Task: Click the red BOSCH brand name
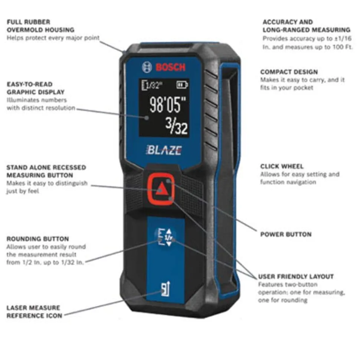pyautogui.click(x=171, y=67)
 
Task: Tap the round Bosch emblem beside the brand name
pyautogui.click(x=147, y=67)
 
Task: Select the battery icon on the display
pyautogui.click(x=182, y=85)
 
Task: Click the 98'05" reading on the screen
pyautogui.click(x=168, y=105)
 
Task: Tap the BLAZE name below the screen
pyautogui.click(x=164, y=150)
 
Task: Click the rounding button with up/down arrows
pyautogui.click(x=166, y=237)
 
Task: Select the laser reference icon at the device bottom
pyautogui.click(x=166, y=288)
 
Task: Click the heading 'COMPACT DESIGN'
pyautogui.click(x=289, y=72)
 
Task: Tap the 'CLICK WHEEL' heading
pyautogui.click(x=282, y=166)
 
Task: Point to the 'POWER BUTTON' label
pyautogui.click(x=286, y=234)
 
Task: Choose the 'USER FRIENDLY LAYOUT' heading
pyautogui.click(x=296, y=276)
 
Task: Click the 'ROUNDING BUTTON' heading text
pyautogui.click(x=37, y=239)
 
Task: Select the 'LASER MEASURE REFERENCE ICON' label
pyautogui.click(x=35, y=311)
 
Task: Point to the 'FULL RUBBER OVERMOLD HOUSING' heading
pyautogui.click(x=40, y=26)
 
